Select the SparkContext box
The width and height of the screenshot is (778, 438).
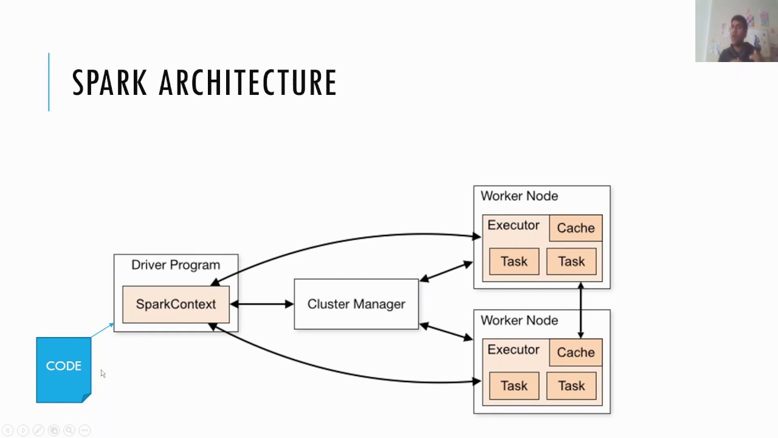tap(176, 304)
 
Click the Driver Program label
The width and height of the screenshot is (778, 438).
tap(176, 265)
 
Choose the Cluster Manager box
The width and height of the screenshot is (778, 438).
tap(356, 304)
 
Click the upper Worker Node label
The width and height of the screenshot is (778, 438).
tap(519, 196)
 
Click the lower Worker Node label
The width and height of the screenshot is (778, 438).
tap(519, 321)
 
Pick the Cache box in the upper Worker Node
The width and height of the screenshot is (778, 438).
tap(576, 228)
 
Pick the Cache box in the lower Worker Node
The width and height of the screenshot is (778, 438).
tap(576, 353)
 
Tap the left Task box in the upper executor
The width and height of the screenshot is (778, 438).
tap(514, 262)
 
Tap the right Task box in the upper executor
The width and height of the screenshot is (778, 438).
tap(571, 262)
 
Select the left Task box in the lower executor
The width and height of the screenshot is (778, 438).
tap(514, 386)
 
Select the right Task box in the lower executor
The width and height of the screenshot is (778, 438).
tap(571, 386)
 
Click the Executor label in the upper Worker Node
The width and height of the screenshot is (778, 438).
tap(513, 226)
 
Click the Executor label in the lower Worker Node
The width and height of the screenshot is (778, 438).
tap(513, 350)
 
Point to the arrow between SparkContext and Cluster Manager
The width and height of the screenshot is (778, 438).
tap(262, 304)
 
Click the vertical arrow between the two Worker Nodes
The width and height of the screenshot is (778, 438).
tap(580, 310)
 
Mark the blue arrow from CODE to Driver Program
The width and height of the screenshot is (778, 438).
tap(102, 330)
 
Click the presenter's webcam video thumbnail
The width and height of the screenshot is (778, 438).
tap(737, 31)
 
